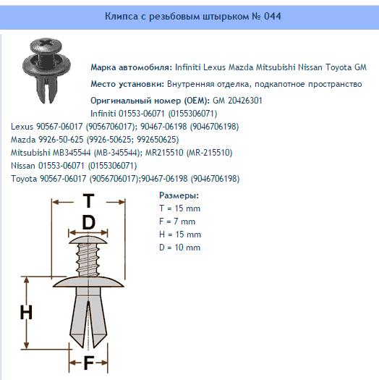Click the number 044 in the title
(272, 16)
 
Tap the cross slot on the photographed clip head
(46, 43)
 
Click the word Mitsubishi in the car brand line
(276, 67)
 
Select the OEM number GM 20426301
(237, 101)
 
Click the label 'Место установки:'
(127, 84)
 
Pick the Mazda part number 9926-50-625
(61, 140)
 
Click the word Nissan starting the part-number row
(23, 166)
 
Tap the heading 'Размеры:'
(179, 195)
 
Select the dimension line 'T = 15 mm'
(179, 208)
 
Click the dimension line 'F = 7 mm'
(177, 221)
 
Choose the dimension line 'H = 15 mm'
(180, 235)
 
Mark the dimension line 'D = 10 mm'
(179, 248)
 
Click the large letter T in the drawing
(89, 201)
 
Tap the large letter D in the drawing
(89, 222)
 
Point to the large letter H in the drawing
(26, 313)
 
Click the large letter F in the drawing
(89, 363)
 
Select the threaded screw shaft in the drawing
(88, 260)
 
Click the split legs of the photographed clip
(47, 90)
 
